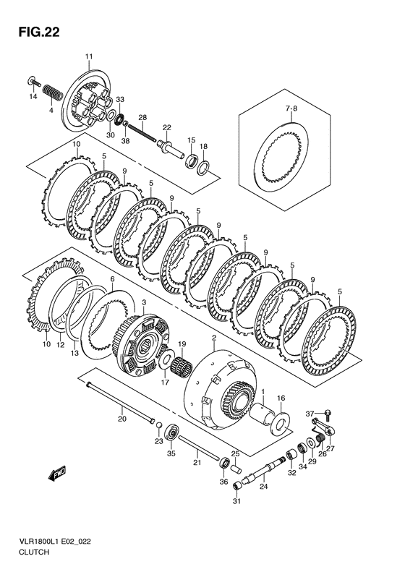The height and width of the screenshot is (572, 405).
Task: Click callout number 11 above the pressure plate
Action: (89, 56)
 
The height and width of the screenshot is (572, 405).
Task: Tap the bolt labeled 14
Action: (33, 80)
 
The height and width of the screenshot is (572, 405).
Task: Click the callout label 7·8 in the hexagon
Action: (291, 109)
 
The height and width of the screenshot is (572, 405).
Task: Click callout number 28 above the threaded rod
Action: (142, 117)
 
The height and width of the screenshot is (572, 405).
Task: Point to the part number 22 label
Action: (166, 127)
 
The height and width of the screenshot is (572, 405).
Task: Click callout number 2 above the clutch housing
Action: (214, 338)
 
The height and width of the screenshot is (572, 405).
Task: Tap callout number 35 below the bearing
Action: (171, 453)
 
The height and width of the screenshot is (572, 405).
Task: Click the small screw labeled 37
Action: (327, 415)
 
